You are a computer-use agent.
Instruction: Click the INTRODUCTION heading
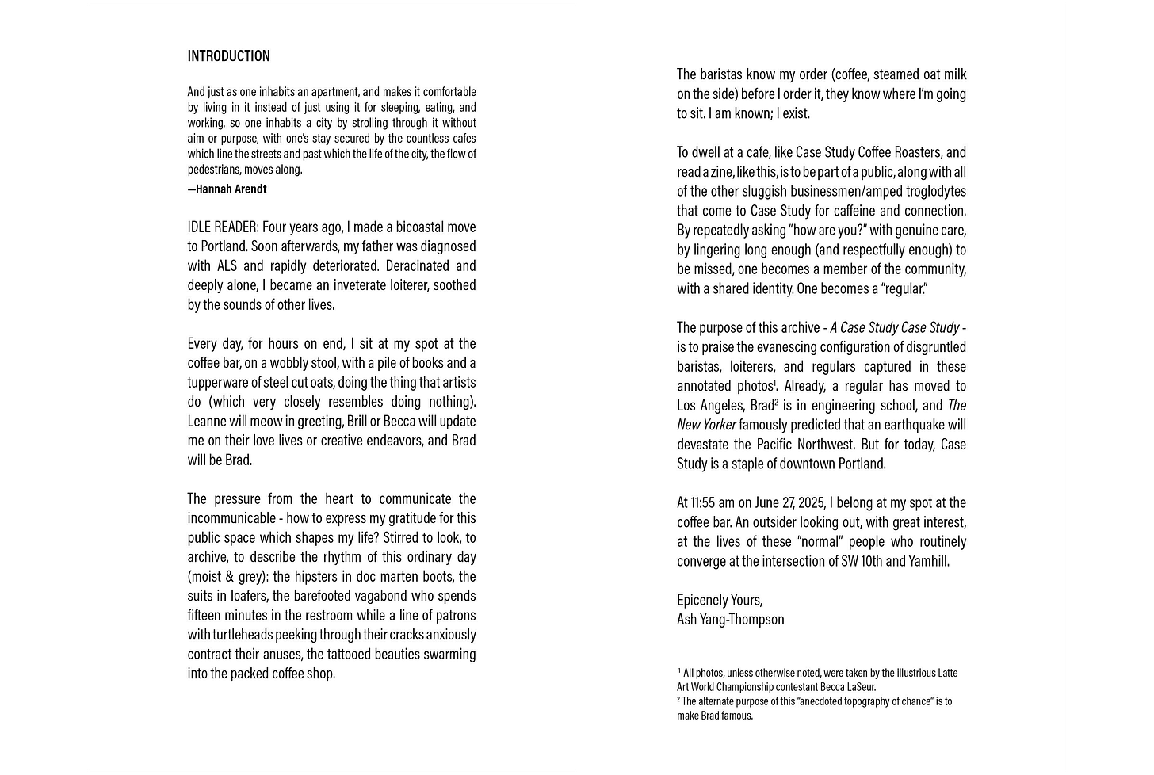click(x=228, y=56)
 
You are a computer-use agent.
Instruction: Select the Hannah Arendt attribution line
click(x=227, y=189)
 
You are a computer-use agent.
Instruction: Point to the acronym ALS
click(x=227, y=266)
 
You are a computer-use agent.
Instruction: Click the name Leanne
click(x=208, y=422)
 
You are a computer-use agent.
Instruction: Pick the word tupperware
click(x=219, y=383)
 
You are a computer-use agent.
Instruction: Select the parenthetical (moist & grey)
click(x=224, y=577)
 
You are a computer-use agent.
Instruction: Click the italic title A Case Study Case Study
click(x=895, y=328)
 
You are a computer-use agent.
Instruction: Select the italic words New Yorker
click(x=706, y=425)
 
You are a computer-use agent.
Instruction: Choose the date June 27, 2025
click(x=789, y=503)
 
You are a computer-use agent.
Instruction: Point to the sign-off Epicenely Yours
click(x=719, y=600)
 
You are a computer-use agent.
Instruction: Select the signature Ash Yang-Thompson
click(x=730, y=620)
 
